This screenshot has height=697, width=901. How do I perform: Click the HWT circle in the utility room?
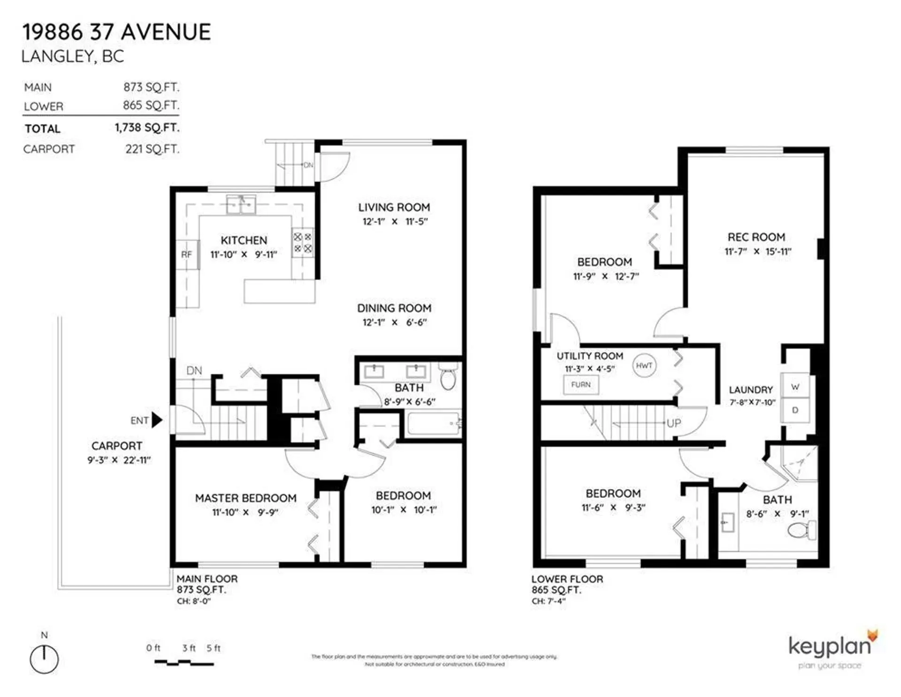click(644, 366)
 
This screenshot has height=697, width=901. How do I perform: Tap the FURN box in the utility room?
click(580, 385)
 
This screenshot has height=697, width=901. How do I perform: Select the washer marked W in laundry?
click(795, 387)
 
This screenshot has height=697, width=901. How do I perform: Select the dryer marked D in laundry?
click(795, 410)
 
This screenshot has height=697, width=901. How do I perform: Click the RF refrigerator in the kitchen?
click(187, 254)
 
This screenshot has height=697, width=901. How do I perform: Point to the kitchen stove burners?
click(303, 243)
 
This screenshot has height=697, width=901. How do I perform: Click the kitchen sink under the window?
click(241, 205)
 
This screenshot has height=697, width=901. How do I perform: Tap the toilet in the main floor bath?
click(448, 377)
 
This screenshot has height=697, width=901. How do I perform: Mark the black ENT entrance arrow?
click(157, 420)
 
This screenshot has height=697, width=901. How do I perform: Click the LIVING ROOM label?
click(394, 207)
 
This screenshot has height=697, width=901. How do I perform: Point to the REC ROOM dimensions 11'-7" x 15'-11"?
click(757, 252)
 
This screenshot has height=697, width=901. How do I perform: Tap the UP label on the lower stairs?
click(673, 423)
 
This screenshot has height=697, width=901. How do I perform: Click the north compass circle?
click(44, 659)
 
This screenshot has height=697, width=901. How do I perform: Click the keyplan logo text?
click(829, 647)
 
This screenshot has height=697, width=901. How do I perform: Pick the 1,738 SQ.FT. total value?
click(147, 128)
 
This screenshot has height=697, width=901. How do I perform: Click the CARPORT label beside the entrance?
click(116, 446)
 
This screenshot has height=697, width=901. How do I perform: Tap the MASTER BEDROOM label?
click(245, 498)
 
